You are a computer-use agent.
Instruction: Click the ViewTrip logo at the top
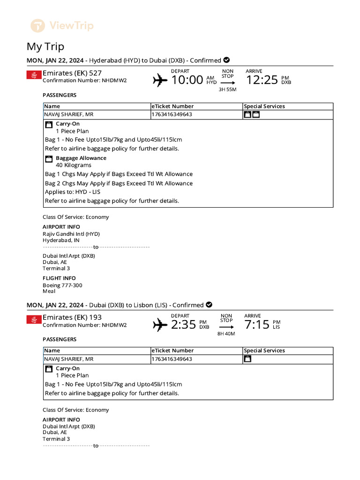62,25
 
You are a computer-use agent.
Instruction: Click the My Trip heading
45,47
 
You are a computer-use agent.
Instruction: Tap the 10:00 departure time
187,80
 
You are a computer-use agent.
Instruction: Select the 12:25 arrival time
262,80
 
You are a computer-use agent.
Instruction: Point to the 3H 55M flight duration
227,90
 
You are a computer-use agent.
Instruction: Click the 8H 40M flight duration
226,334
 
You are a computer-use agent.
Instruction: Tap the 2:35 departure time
183,324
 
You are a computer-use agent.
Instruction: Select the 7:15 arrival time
257,324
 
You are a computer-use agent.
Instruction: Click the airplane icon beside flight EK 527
160,81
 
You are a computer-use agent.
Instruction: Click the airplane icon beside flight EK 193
160,324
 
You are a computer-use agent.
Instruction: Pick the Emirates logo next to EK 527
34,75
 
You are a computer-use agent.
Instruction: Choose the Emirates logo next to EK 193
34,319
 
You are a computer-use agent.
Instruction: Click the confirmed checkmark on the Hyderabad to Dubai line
226,60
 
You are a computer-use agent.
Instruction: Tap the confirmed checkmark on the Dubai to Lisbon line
209,305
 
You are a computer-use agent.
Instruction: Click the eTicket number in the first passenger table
172,114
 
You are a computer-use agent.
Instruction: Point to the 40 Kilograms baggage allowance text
74,165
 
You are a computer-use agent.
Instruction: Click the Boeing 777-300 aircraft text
62,285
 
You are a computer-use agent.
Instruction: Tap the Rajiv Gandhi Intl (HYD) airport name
71,234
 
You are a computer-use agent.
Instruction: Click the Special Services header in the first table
264,106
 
